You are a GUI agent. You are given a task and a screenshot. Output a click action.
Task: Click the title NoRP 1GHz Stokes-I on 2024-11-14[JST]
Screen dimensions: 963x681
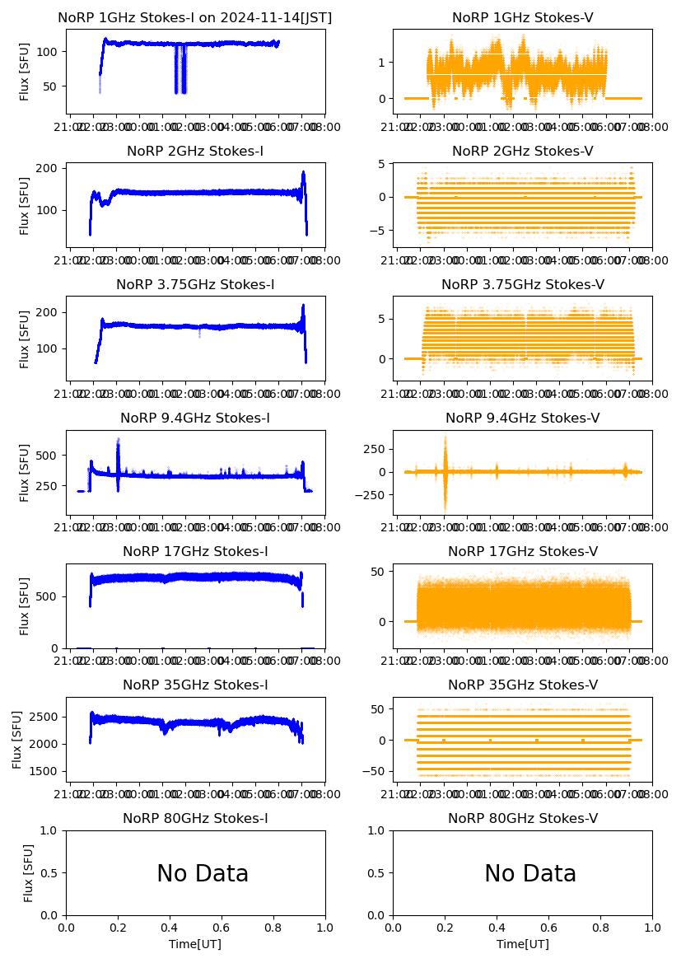coord(195,17)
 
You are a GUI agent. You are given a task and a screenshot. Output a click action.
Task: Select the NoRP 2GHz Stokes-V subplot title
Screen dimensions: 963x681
coord(522,151)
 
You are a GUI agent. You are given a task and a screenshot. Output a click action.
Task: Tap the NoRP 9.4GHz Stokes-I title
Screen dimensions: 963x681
coord(195,418)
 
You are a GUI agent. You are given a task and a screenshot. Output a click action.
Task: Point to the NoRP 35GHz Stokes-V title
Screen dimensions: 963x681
coord(522,685)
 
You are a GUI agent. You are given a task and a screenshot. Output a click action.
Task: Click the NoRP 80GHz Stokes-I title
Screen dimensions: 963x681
coord(195,818)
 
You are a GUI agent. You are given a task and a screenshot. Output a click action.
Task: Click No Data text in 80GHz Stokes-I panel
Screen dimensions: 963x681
coord(203,873)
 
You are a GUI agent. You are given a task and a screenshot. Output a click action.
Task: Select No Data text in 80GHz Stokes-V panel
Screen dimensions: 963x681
coord(530,873)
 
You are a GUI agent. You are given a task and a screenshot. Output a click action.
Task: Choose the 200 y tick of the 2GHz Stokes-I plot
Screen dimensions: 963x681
coord(49,168)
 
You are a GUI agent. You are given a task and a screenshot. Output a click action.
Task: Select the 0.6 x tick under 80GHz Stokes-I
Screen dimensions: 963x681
coord(222,926)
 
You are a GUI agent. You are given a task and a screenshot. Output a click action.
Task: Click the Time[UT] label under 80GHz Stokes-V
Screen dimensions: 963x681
coord(522,944)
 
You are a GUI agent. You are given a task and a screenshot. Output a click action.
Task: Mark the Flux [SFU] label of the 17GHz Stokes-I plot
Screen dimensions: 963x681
coord(25,605)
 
